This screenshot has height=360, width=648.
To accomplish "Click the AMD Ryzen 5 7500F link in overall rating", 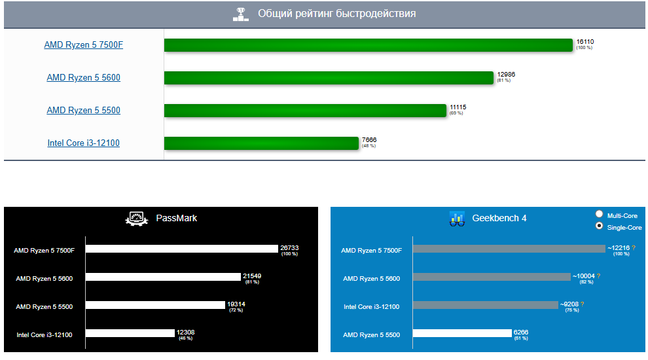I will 83,45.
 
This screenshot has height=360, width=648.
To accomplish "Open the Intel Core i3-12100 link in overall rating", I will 83,143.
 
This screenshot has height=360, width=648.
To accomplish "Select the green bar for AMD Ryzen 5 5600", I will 328,78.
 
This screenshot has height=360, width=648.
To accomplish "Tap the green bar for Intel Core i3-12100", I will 261,143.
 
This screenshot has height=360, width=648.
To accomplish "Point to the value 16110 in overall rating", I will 585,42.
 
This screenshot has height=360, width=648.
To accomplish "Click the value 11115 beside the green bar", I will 458,107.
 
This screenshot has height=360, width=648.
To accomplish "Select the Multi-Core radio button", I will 599,215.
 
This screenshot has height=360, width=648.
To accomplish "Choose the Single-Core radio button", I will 599,226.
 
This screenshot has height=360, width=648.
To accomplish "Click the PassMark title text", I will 176,218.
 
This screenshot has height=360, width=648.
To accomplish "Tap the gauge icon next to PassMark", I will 137,219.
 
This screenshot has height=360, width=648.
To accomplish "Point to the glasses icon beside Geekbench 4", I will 457,219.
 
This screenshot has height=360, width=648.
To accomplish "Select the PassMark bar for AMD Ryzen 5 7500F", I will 181,249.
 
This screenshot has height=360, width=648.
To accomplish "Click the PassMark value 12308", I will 185,333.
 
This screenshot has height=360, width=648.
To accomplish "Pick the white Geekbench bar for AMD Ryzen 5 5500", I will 461,333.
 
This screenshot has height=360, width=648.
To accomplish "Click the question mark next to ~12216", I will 634,248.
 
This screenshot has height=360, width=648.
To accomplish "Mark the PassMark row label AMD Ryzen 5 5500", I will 45,306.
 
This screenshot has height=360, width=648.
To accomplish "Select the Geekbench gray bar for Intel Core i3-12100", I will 485,305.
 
